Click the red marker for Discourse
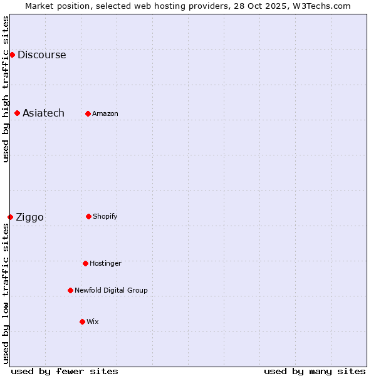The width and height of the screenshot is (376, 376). click(12, 55)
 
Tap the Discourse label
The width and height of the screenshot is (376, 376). click(41, 55)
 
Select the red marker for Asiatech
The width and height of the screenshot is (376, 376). click(17, 113)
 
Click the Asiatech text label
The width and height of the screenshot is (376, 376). click(43, 113)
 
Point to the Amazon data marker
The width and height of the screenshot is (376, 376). click(88, 113)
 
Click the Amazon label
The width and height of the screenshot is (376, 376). click(105, 113)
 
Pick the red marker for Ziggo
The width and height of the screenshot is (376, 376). click(10, 217)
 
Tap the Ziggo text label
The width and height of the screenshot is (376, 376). click(29, 217)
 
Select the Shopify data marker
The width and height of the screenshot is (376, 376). click(88, 216)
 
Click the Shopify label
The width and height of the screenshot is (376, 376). click(105, 216)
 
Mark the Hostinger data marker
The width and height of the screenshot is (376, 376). click(85, 263)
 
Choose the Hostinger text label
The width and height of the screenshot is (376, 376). click(105, 263)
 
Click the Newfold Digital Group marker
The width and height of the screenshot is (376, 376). click(70, 290)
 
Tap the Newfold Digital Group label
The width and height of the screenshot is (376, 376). click(111, 290)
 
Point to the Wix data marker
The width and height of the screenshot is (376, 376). click(82, 321)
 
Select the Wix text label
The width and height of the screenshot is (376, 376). click(92, 321)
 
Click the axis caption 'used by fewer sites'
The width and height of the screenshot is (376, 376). click(65, 371)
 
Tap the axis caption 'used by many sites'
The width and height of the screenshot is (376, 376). click(315, 371)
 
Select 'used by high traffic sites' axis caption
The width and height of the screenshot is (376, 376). click(6, 89)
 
